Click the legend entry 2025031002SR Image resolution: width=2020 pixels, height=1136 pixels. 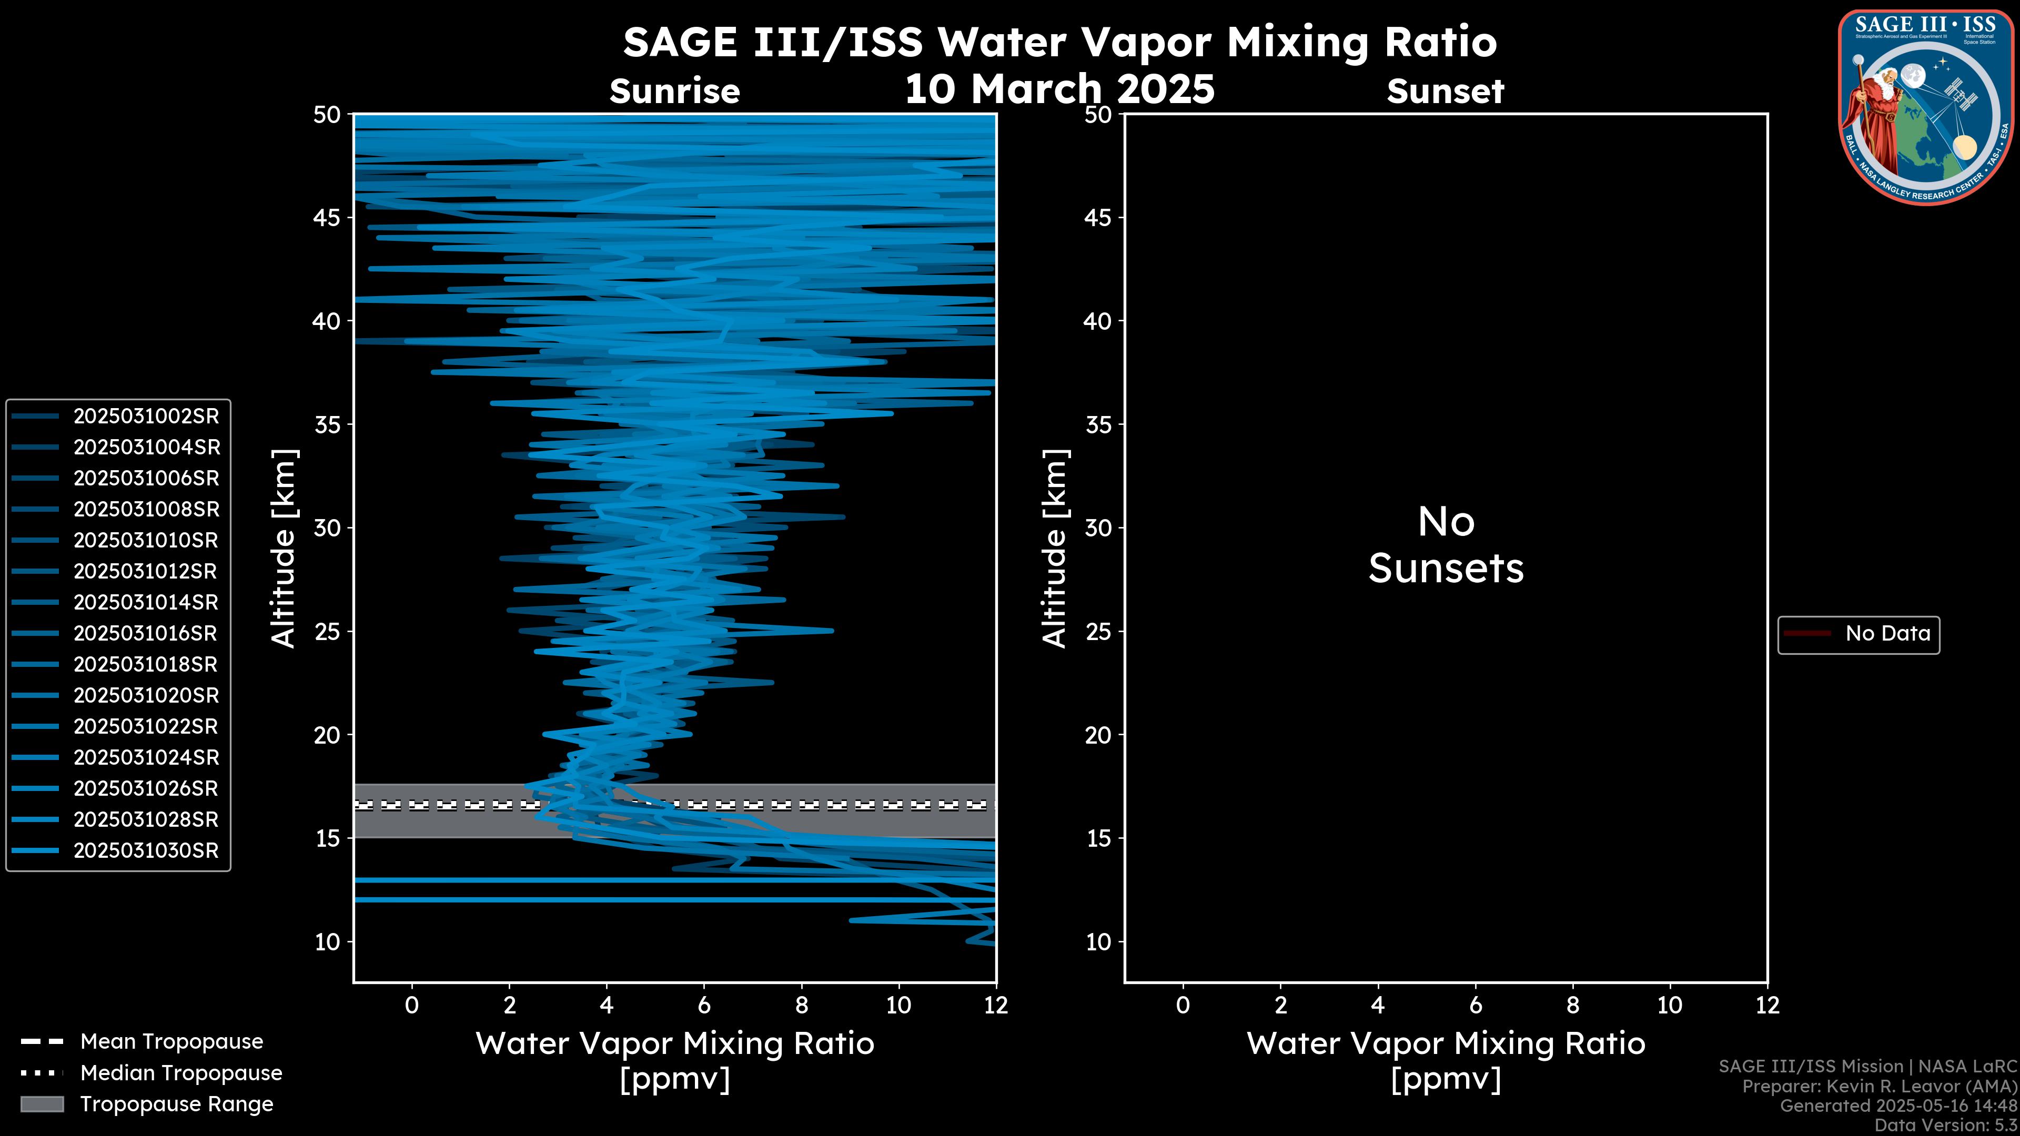point(146,417)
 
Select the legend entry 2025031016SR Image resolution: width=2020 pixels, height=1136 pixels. point(145,633)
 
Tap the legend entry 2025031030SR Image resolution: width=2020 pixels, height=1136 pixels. point(146,850)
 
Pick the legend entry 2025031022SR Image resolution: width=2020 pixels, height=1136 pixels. point(145,727)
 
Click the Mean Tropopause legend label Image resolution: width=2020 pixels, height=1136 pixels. point(171,1042)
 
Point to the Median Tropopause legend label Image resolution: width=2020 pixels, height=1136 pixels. point(180,1073)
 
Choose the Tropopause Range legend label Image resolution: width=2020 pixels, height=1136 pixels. point(176,1104)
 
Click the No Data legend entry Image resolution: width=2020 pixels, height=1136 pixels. point(1887,633)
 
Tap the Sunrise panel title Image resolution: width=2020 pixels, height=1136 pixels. point(674,92)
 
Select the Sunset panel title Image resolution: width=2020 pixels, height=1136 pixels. point(1445,92)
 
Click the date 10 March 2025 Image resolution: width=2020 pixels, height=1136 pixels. point(1059,88)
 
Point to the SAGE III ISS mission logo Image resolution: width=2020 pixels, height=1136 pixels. point(1926,107)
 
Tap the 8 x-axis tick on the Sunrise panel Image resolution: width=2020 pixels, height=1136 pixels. point(801,1005)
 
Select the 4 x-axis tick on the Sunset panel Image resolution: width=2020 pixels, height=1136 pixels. point(1378,1005)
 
